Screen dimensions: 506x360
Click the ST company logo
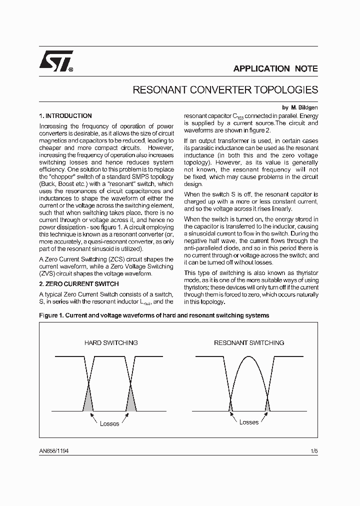coord(56,61)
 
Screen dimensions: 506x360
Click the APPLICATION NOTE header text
coord(275,69)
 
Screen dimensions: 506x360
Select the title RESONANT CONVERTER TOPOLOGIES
coord(225,90)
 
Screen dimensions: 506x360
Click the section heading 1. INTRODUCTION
coord(65,115)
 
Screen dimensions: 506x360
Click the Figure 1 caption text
coord(154,315)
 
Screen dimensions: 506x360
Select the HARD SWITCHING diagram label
coord(110,343)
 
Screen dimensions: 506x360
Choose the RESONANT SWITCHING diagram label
coord(249,343)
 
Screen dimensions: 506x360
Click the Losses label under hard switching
coord(109,424)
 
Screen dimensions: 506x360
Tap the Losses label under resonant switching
coord(249,422)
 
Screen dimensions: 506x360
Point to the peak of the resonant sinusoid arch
coord(249,356)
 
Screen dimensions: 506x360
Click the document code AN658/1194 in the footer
coord(54,450)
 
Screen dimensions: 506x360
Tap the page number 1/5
coord(314,450)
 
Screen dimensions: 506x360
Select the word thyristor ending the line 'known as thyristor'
coord(305,272)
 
